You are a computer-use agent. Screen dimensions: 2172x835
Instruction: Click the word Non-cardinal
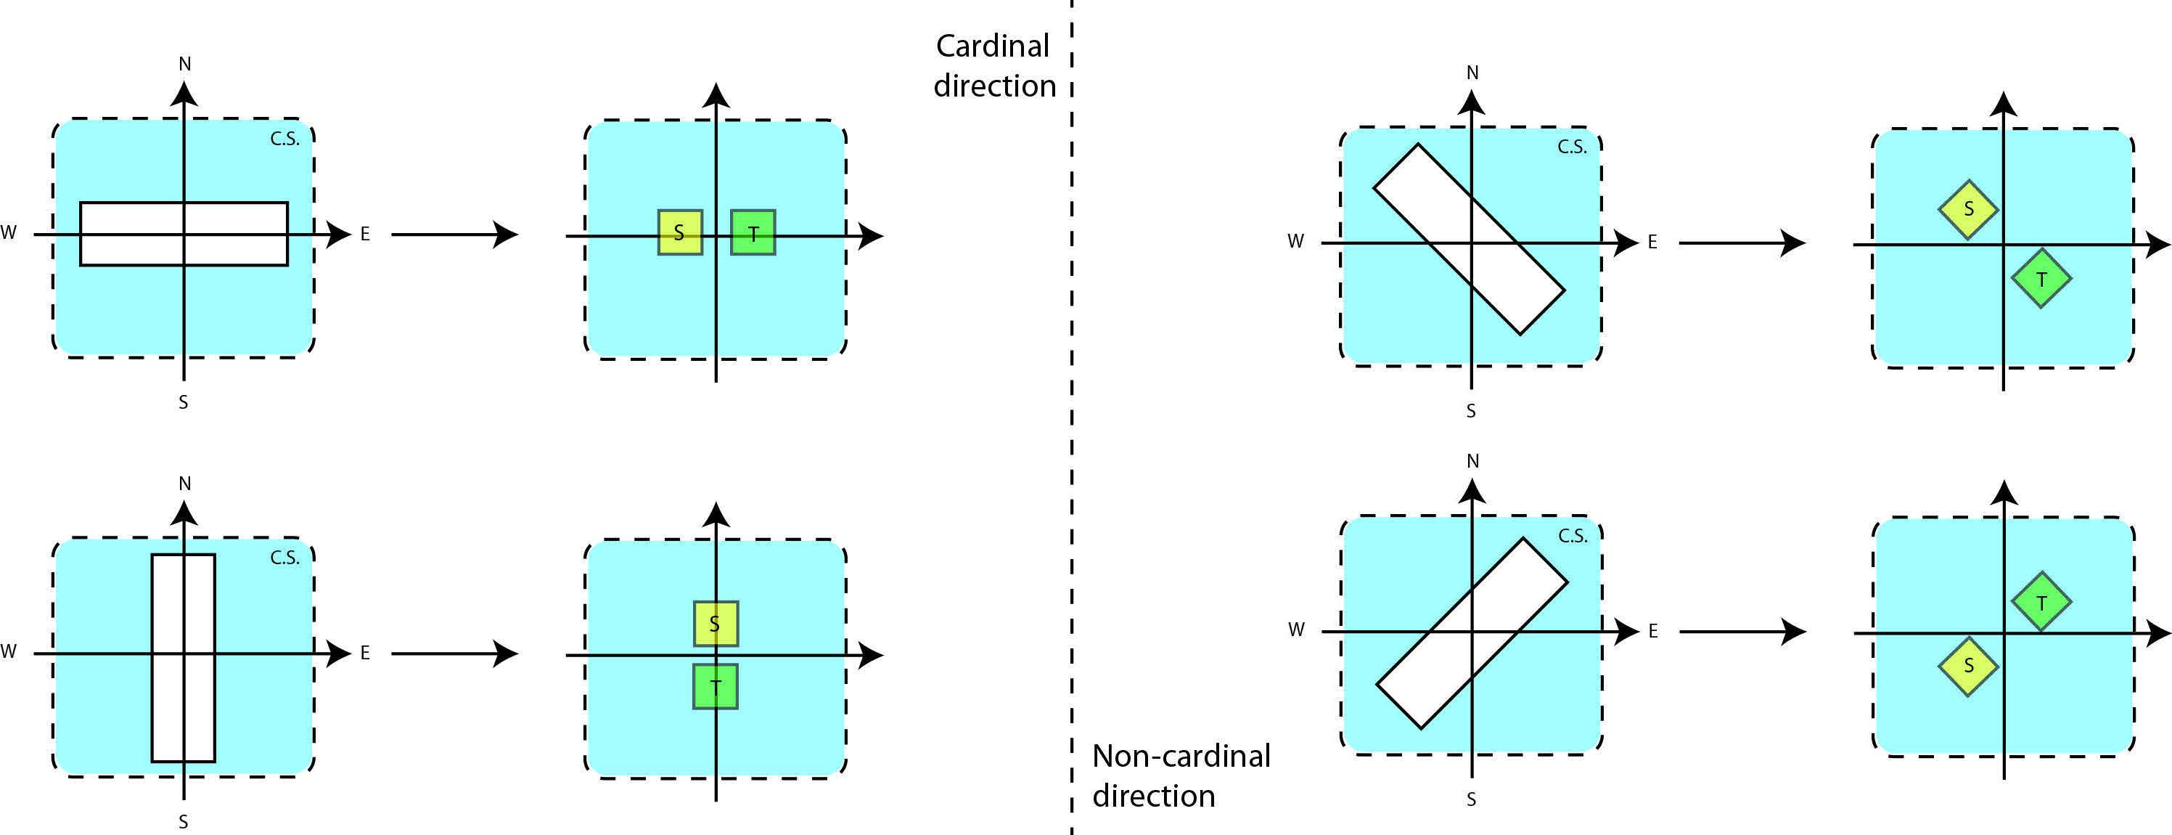click(x=1181, y=756)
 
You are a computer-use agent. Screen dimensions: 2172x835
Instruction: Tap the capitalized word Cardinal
click(x=993, y=46)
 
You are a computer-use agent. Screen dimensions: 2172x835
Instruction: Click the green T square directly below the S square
click(x=716, y=687)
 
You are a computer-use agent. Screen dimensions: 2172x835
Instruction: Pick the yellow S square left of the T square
click(x=679, y=232)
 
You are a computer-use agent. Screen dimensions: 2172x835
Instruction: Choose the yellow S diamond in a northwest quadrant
click(x=1968, y=209)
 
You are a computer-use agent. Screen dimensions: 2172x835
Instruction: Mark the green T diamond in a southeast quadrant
click(x=2041, y=278)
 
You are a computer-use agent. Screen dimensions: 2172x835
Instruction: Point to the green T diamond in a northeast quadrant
click(x=2041, y=602)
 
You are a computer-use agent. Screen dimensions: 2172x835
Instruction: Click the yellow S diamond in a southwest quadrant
click(x=1968, y=667)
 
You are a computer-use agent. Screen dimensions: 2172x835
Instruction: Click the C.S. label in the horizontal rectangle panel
click(x=285, y=139)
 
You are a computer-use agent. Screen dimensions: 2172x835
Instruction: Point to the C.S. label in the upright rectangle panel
click(x=285, y=558)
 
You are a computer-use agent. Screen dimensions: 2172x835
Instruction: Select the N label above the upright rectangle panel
click(x=184, y=484)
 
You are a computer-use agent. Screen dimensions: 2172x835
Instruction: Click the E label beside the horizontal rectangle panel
click(x=365, y=234)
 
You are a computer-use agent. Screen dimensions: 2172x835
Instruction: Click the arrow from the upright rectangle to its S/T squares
click(x=454, y=653)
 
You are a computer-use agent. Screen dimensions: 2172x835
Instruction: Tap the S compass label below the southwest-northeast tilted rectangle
click(x=1471, y=799)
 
